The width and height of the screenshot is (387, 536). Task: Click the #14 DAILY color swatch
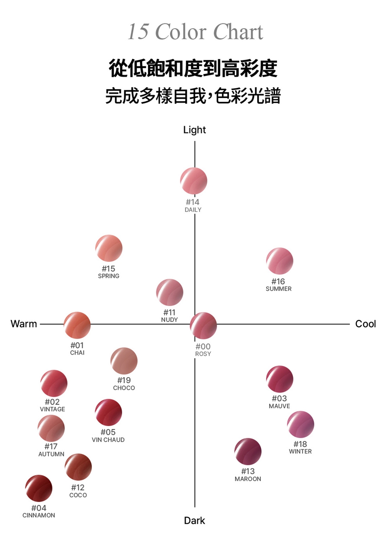pos(193,181)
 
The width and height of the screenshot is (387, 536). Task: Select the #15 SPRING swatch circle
pos(109,248)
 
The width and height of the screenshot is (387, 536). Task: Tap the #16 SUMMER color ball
pos(279,261)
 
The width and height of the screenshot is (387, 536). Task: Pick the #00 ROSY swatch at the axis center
pos(203,325)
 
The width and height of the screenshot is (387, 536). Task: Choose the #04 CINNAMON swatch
pos(39,488)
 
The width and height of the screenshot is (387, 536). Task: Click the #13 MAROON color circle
pos(248,451)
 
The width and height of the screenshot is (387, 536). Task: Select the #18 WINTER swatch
pos(300,424)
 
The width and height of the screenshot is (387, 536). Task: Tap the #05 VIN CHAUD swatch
pos(108,412)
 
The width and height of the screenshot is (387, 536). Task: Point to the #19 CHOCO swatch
pos(124,361)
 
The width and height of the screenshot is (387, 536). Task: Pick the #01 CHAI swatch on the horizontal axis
pos(77,325)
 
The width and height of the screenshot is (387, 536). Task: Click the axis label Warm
pos(24,324)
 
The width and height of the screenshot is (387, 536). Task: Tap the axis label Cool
pos(365,324)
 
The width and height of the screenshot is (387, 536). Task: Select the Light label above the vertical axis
pos(194,130)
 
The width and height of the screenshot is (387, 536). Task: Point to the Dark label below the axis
pos(194,520)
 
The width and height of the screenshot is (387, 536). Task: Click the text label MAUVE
pos(279,406)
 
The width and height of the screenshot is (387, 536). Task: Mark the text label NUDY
pos(169,320)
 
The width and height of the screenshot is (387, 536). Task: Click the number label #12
pos(78,487)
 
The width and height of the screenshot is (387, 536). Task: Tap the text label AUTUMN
pos(51,454)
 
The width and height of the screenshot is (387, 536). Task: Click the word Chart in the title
pos(238,32)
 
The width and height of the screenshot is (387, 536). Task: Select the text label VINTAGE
pos(52,409)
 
